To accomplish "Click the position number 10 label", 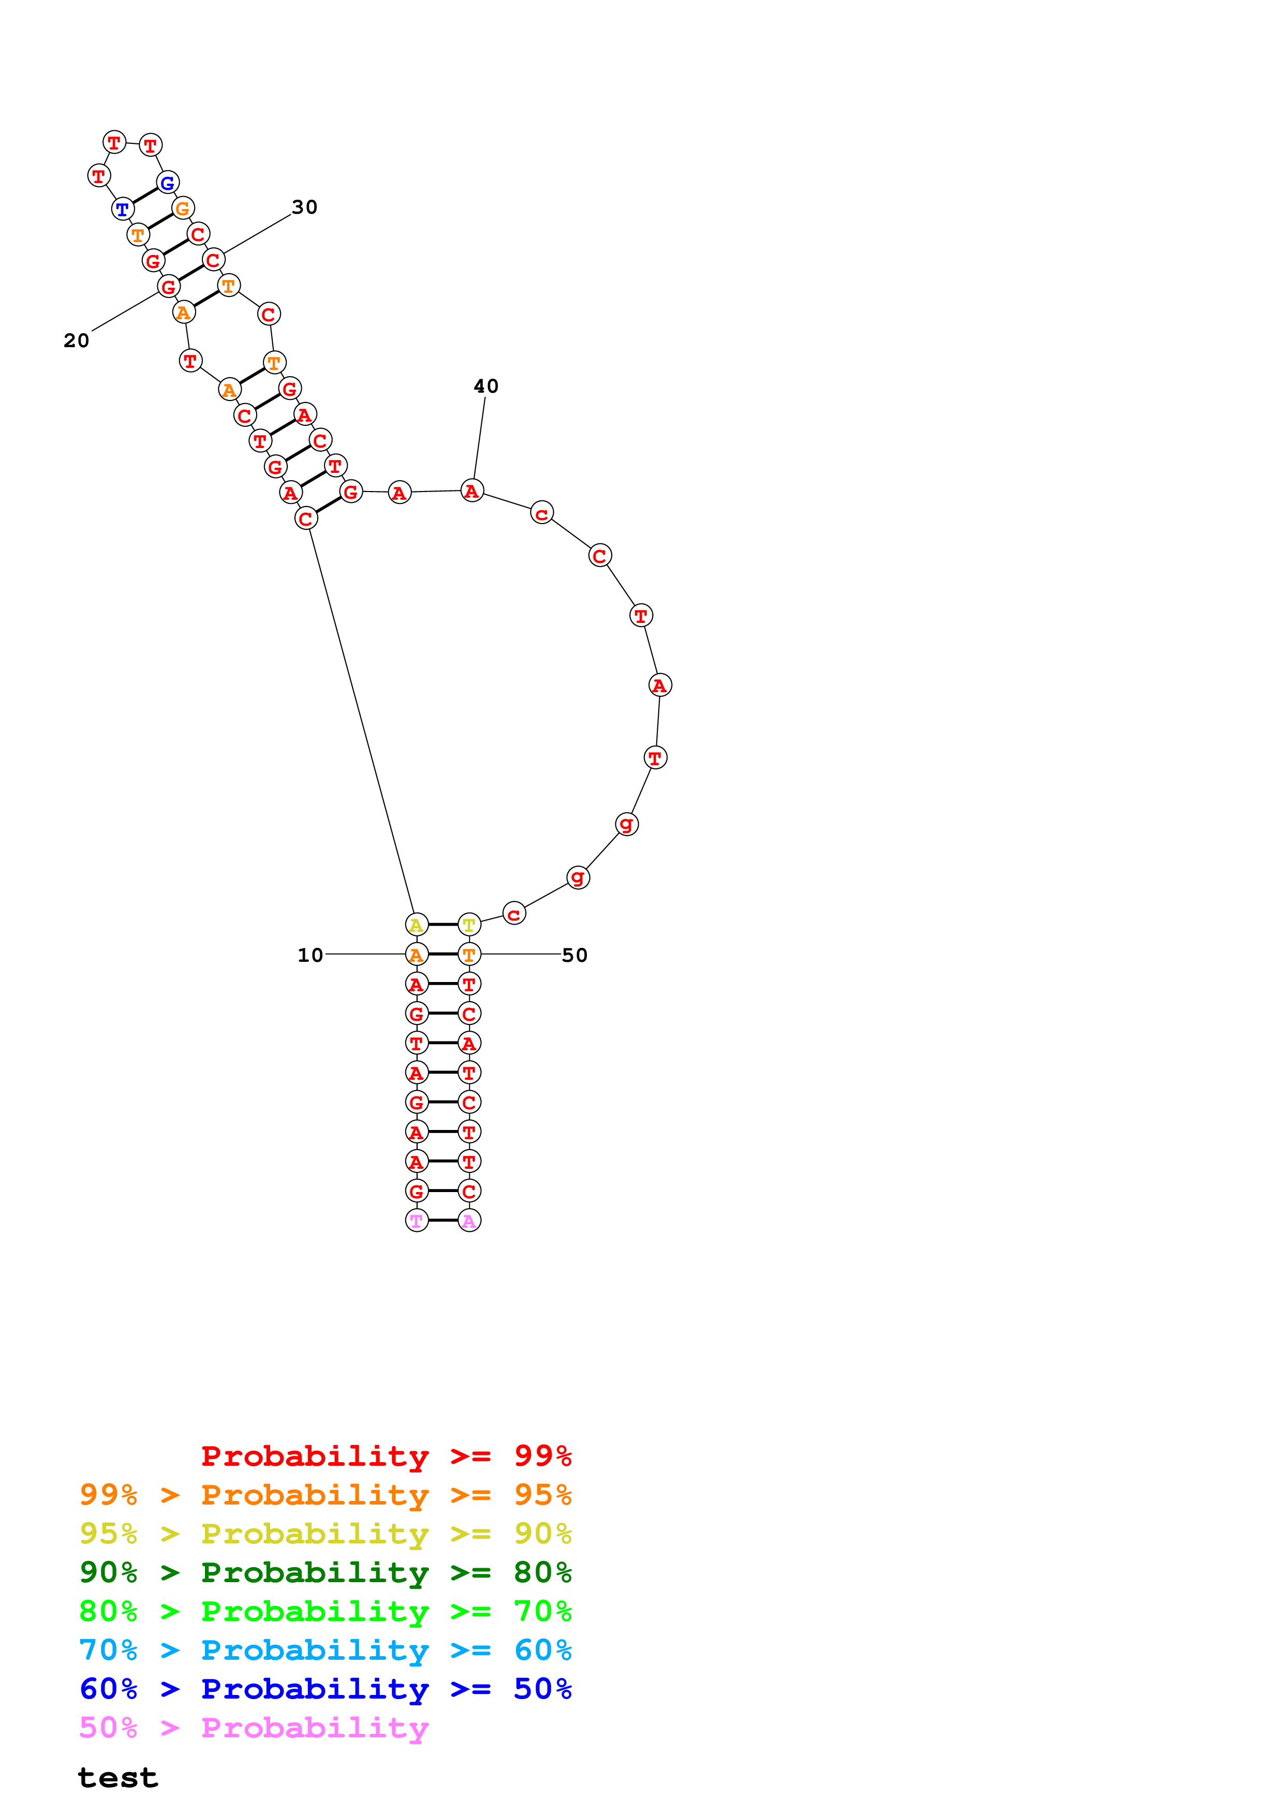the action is tap(310, 955).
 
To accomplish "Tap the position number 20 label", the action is tap(76, 341).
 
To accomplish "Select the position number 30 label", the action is tap(304, 207).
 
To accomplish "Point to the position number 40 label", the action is tap(485, 386).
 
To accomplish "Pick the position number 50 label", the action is tap(574, 955).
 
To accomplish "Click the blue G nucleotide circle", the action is tap(168, 183).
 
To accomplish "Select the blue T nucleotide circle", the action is tap(123, 210).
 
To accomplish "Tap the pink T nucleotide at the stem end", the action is tap(417, 1221).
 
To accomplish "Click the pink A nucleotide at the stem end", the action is tap(469, 1221).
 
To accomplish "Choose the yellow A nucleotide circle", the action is tap(417, 924).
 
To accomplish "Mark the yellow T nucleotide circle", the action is tap(469, 924).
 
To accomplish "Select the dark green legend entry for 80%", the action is tap(325, 1572).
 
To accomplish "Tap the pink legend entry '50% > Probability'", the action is tap(254, 1727).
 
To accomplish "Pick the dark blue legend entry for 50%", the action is tap(325, 1689).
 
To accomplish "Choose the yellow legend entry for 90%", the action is tap(325, 1534).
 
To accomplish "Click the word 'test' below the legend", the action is tap(118, 1778).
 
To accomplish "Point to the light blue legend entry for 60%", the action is tap(325, 1650).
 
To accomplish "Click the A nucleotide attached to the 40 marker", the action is tap(472, 491).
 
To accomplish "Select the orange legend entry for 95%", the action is tap(325, 1495).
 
